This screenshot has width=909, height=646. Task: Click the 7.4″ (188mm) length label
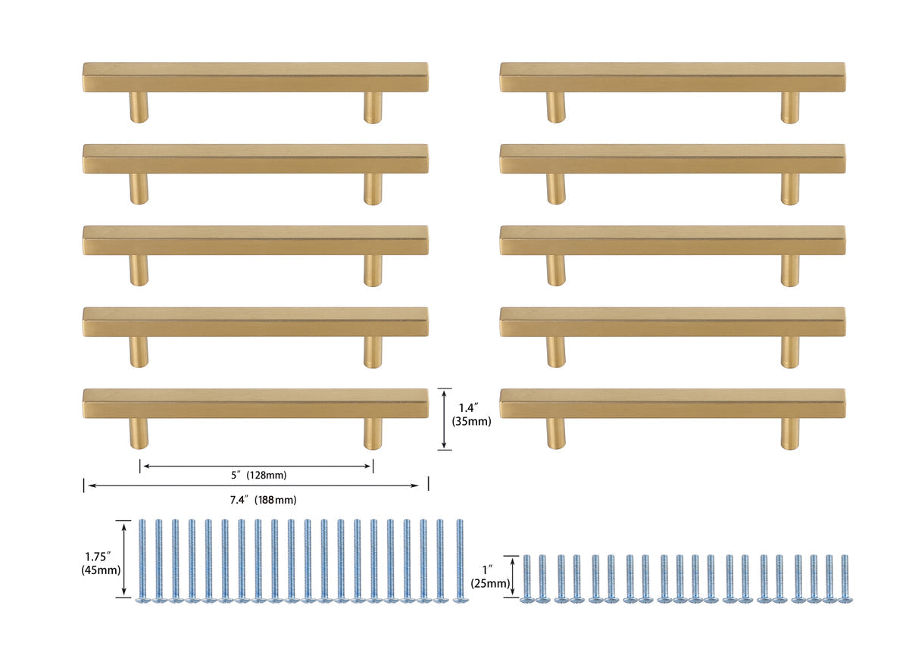(263, 500)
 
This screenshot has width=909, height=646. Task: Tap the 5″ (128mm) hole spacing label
(259, 475)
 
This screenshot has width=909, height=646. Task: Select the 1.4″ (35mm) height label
(471, 414)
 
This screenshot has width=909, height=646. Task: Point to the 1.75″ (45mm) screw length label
(101, 563)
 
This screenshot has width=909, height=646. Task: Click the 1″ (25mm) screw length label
(490, 576)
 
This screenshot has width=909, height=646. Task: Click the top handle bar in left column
(256, 77)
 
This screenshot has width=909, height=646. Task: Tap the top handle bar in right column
(673, 77)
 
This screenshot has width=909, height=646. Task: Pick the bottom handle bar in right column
(673, 404)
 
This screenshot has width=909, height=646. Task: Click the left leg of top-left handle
(139, 107)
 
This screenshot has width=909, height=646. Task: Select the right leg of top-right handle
(789, 108)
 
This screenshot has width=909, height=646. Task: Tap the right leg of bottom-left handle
(373, 434)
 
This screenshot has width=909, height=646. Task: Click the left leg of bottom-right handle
(556, 433)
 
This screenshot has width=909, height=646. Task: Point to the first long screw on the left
(142, 560)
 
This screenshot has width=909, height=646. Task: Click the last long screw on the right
(461, 560)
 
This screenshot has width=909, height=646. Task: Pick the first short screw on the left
(526, 579)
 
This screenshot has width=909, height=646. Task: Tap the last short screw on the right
(845, 579)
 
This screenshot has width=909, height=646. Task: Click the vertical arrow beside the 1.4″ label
(444, 419)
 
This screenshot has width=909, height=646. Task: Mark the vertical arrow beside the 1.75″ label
(124, 559)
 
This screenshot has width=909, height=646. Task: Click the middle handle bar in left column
(256, 240)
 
